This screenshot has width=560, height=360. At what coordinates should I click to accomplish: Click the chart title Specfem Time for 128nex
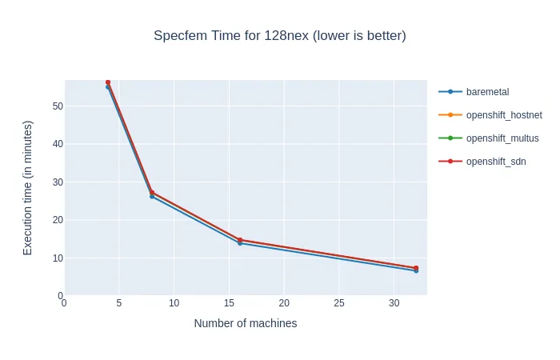point(280,36)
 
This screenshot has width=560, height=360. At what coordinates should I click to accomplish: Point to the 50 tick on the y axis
point(58,106)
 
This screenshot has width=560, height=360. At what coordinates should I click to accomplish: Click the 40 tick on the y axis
point(58,144)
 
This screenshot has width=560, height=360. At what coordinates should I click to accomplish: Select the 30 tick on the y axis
point(58,182)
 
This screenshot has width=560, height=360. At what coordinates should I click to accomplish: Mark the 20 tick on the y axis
point(58,220)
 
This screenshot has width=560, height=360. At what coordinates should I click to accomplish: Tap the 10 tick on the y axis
point(58,258)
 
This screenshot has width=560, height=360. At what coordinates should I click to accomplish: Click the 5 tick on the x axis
point(119,304)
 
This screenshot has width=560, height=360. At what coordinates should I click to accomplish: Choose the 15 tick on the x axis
point(229,304)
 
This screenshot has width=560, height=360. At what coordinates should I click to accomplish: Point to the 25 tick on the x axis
point(339,304)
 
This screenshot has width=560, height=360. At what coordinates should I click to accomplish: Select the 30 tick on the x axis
point(394,304)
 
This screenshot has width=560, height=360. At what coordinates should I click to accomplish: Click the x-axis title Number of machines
point(246,323)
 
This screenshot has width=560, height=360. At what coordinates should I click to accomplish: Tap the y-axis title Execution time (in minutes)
point(28,188)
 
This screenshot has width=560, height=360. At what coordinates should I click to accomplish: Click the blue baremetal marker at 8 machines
point(152,196)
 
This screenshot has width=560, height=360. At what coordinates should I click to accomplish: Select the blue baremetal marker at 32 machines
point(416,270)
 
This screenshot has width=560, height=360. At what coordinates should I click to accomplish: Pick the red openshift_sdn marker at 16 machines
point(240,240)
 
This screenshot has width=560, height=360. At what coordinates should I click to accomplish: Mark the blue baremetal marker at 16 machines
point(240,243)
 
